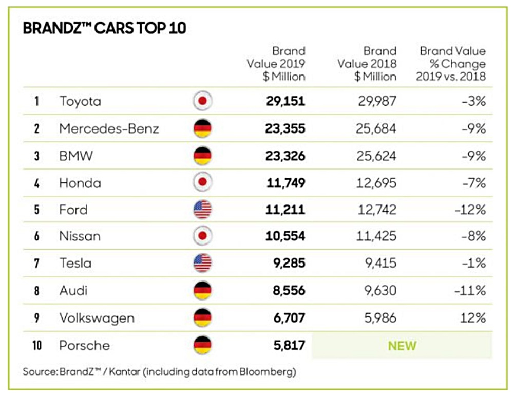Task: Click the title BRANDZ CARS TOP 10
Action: pos(104,28)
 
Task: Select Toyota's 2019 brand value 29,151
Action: pos(285,101)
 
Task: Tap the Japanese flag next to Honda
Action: pos(202,182)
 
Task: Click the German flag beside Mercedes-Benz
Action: pos(202,128)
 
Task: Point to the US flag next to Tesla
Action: pos(202,264)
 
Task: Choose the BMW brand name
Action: pos(76,156)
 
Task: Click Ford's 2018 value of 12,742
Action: pos(376,210)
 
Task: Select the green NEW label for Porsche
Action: pos(402,346)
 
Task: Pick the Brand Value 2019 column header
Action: pos(277,64)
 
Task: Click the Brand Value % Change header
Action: pos(452,64)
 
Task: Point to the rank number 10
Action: pos(37,345)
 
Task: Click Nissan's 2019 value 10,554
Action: pos(285,236)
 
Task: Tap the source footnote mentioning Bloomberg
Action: pos(159,371)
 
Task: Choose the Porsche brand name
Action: pos(84,345)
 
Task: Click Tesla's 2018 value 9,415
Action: pos(380,264)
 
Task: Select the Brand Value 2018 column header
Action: pos(368,64)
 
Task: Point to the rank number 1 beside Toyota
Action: pos(37,101)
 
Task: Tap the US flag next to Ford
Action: pos(202,210)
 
